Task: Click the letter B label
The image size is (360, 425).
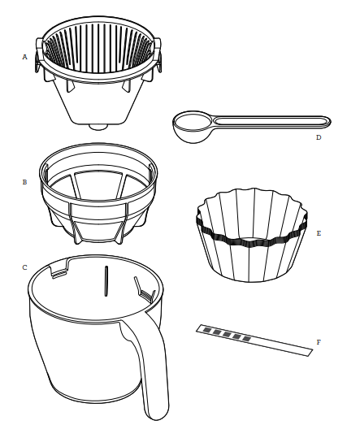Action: pyautogui.click(x=25, y=183)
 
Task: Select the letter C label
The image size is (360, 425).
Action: pyautogui.click(x=25, y=267)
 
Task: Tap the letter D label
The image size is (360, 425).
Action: pyautogui.click(x=319, y=137)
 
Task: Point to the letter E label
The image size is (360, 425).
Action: pyautogui.click(x=319, y=232)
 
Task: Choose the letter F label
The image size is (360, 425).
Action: pyautogui.click(x=319, y=342)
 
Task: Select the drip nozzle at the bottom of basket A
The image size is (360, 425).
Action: pyautogui.click(x=98, y=126)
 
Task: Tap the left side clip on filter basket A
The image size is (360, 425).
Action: pyautogui.click(x=37, y=66)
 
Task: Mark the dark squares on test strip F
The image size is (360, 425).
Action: pyautogui.click(x=223, y=334)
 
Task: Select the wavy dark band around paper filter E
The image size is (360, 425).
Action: pyautogui.click(x=252, y=242)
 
